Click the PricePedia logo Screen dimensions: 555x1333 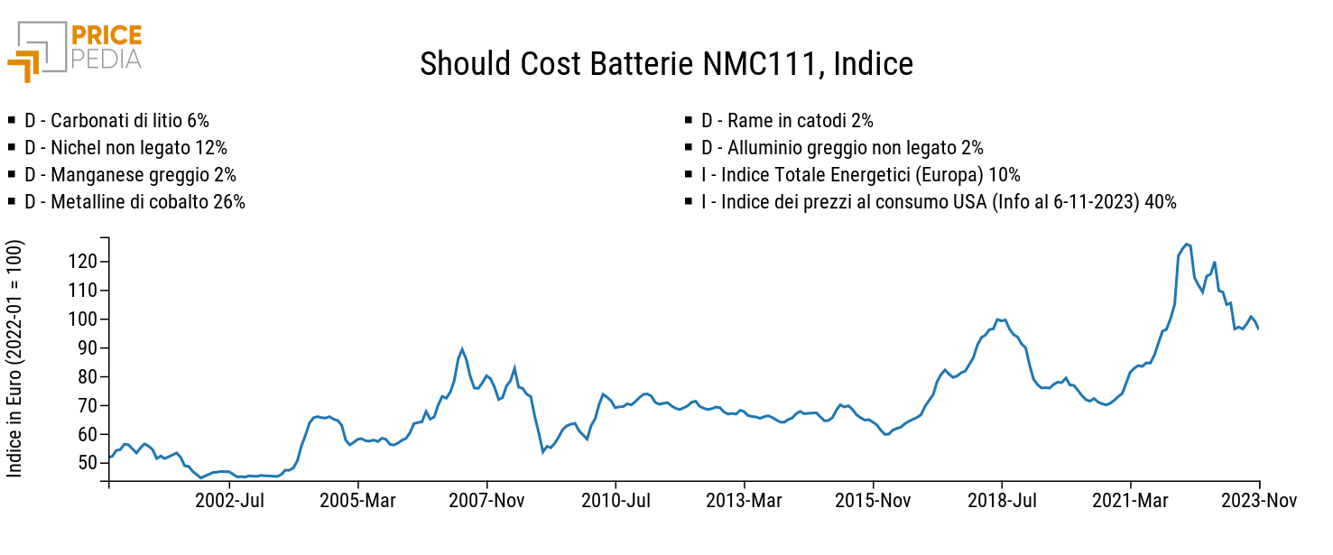point(75,51)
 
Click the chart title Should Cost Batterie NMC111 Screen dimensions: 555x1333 point(666,64)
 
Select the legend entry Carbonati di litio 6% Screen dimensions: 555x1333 point(116,121)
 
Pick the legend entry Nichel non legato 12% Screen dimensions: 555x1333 point(125,148)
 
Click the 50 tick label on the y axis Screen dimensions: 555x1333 point(87,463)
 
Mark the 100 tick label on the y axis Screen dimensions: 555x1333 point(83,319)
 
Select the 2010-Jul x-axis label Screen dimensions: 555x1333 point(616,501)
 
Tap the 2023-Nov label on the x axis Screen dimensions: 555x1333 point(1260,501)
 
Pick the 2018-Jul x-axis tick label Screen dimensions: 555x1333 point(1002,501)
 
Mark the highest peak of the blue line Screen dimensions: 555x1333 point(1187,244)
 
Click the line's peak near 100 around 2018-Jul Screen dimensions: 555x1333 point(997,319)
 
